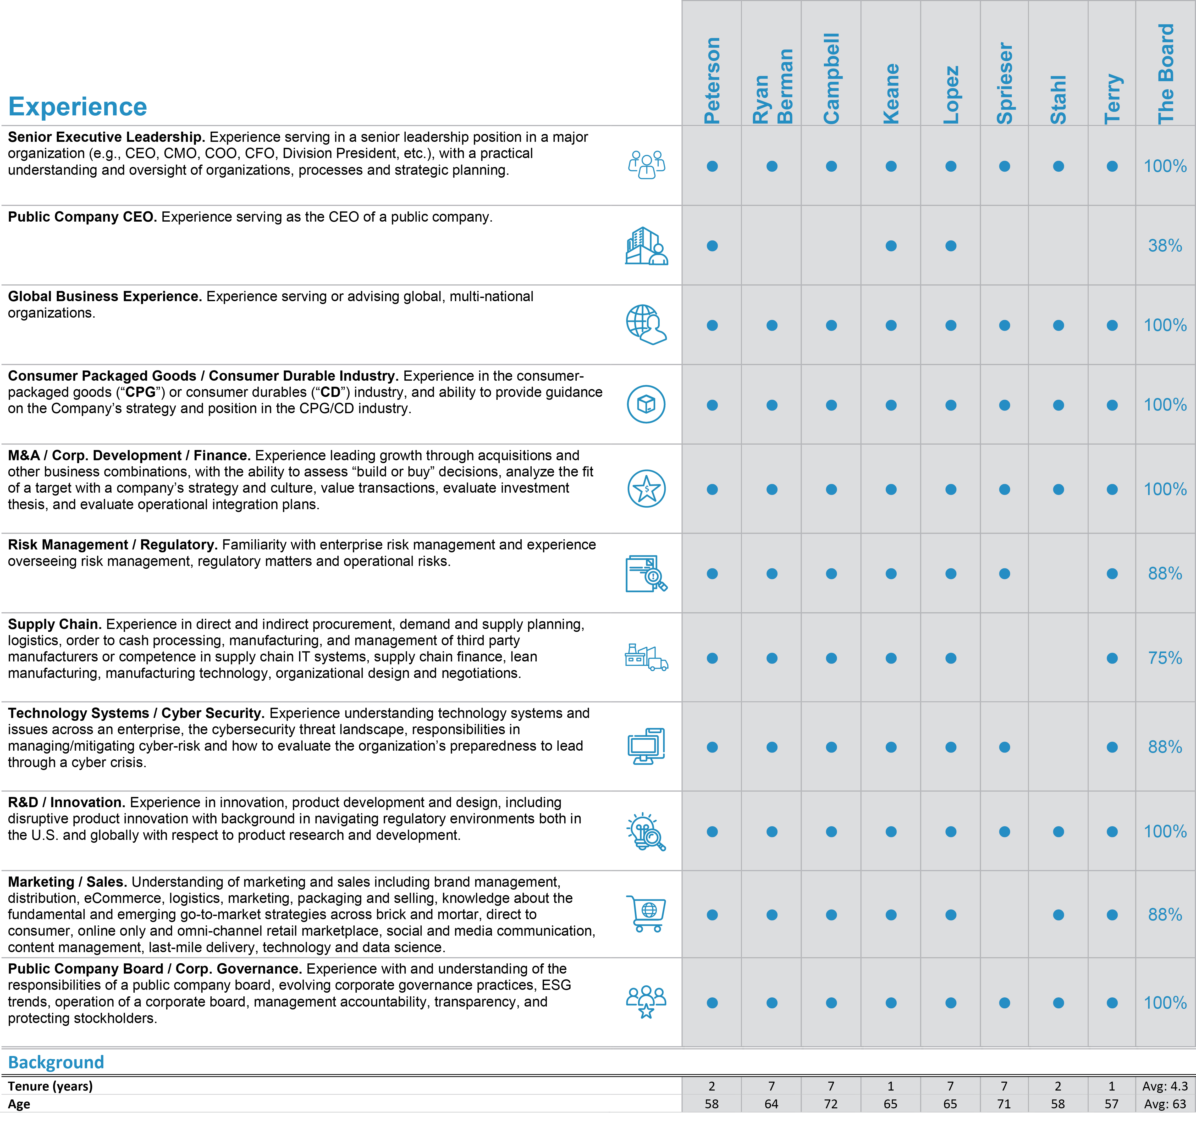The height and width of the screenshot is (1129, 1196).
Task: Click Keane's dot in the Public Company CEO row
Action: point(891,245)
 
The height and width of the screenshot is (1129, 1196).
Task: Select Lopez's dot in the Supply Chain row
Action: point(951,658)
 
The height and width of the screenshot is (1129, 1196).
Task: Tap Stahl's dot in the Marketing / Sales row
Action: point(1058,915)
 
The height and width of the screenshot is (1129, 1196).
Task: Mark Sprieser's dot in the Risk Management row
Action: point(1005,574)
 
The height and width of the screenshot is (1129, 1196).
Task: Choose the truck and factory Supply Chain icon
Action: point(646,657)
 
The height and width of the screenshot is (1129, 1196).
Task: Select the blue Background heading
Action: point(56,1062)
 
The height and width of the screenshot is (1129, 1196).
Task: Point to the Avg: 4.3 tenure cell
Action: point(1165,1086)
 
